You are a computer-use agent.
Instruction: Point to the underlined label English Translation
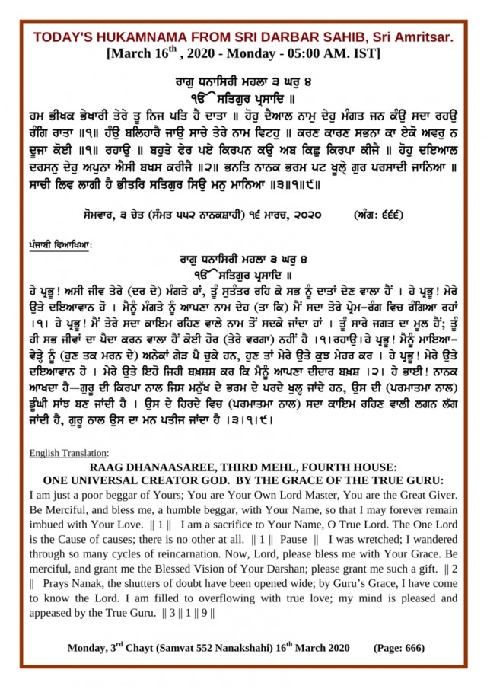pyautogui.click(x=69, y=454)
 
